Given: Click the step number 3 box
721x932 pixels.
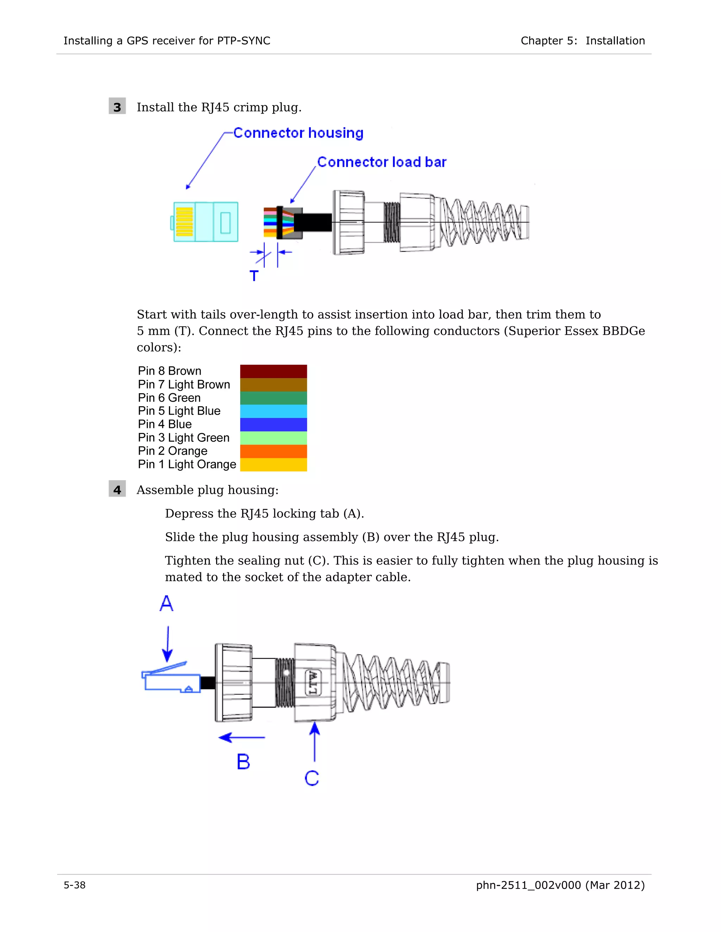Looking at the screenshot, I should (117, 106).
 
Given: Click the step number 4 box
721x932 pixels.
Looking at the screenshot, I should (117, 489).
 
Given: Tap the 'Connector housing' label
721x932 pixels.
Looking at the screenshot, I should (298, 133).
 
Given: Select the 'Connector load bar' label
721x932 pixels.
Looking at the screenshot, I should (381, 162).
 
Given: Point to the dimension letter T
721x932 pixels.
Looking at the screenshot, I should (254, 276).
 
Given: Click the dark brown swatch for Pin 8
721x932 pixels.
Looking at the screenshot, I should (273, 371).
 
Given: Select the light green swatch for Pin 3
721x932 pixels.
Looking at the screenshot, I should (273, 438).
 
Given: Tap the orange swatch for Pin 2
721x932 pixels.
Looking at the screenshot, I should (273, 451).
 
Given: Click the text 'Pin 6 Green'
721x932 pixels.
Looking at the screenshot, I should (169, 398).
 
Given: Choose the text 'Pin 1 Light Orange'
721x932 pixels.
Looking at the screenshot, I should (187, 464).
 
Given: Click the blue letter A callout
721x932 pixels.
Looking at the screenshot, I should (166, 604).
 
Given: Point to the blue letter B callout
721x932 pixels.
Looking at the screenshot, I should (243, 762).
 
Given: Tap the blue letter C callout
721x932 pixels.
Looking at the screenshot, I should (312, 778).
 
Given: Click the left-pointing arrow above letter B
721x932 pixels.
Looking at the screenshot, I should (242, 738).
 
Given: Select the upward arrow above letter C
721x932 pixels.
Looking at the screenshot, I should (315, 741).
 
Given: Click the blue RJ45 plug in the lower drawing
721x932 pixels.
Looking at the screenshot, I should (171, 678).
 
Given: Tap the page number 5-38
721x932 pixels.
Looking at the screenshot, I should (75, 885).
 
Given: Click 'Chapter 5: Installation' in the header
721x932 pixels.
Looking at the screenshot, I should (582, 41).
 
